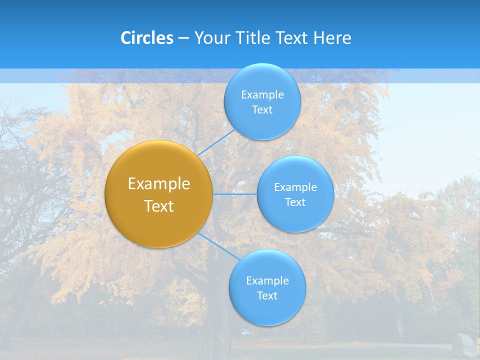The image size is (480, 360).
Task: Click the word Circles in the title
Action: pyautogui.click(x=147, y=38)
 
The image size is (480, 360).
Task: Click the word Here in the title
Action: pyautogui.click(x=332, y=38)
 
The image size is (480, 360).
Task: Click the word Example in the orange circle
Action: pyautogui.click(x=159, y=184)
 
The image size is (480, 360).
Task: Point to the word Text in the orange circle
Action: pyautogui.click(x=159, y=206)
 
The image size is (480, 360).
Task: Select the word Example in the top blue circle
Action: pyautogui.click(x=262, y=95)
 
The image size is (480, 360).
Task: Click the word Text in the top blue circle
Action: pyautogui.click(x=262, y=110)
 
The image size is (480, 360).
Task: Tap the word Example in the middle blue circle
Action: pyautogui.click(x=295, y=187)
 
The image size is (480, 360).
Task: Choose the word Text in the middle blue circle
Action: pyautogui.click(x=295, y=202)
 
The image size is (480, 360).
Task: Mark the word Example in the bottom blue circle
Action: pyautogui.click(x=267, y=281)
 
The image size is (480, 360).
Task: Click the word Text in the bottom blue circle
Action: pyautogui.click(x=267, y=296)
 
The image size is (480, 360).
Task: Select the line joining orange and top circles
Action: pyautogui.click(x=216, y=142)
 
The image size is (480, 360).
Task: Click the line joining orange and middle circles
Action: pyautogui.click(x=235, y=194)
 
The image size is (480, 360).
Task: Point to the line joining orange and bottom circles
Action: pyautogui.click(x=219, y=246)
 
